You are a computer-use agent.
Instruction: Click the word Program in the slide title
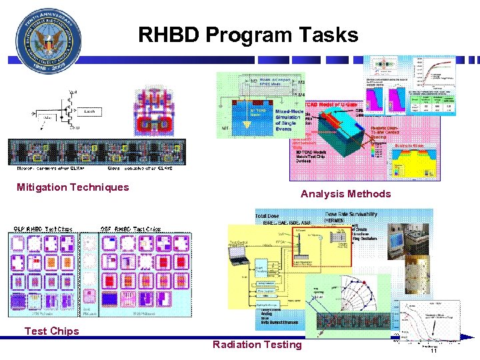pyautogui.click(x=247, y=35)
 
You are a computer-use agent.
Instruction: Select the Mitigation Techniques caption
pyautogui.click(x=73, y=187)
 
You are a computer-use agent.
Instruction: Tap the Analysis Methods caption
pyautogui.click(x=345, y=194)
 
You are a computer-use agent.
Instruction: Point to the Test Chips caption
pyautogui.click(x=51, y=331)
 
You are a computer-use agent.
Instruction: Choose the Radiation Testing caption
pyautogui.click(x=257, y=345)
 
